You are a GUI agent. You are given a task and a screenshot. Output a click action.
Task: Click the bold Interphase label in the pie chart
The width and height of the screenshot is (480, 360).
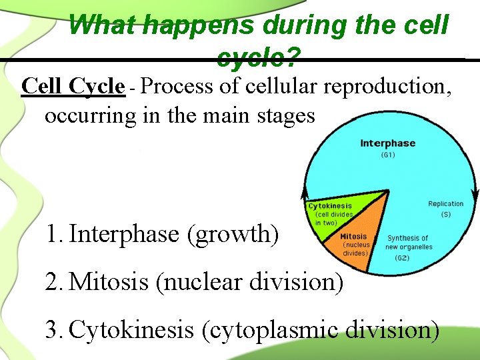click(x=387, y=143)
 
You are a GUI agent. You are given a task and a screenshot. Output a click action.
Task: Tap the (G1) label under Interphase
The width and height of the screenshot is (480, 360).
click(x=387, y=155)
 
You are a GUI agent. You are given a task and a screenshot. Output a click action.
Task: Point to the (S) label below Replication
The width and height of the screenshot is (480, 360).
click(x=445, y=215)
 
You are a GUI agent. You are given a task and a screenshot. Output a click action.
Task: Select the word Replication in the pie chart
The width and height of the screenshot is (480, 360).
click(x=445, y=204)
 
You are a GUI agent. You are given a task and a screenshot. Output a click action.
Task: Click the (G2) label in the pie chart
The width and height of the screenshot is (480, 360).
click(x=402, y=257)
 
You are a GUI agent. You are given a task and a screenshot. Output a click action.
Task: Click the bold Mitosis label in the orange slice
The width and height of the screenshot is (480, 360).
click(x=353, y=237)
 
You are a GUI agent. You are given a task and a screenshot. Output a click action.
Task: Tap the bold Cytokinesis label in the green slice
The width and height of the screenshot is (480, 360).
click(x=330, y=206)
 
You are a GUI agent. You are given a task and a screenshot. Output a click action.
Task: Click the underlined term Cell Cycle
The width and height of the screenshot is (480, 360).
click(x=73, y=87)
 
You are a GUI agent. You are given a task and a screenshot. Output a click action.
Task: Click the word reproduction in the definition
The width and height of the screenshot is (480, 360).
click(x=389, y=87)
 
